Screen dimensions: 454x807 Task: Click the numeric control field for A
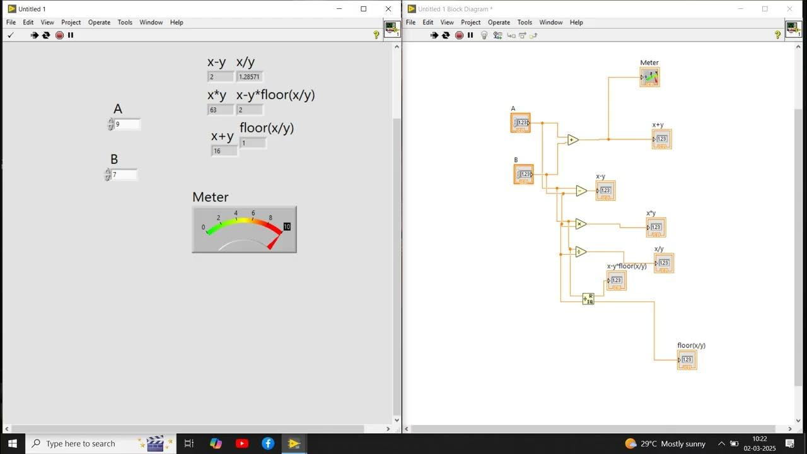coord(127,124)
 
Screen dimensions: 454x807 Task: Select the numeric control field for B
coord(124,175)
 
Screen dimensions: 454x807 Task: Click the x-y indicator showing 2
coord(220,77)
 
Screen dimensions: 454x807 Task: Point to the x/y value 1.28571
coord(249,77)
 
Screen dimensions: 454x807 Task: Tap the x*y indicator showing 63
coord(220,110)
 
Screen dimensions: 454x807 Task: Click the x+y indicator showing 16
coord(224,151)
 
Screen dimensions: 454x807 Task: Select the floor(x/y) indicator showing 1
coord(252,143)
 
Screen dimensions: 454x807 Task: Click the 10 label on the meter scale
coord(287,226)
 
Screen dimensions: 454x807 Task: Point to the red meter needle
coord(274,242)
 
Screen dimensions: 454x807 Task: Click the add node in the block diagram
coord(572,140)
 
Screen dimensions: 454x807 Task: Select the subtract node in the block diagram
coord(581,190)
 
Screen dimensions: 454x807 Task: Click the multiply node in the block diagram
coord(581,224)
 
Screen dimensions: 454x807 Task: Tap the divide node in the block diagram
coord(581,252)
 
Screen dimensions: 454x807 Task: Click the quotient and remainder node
coord(588,299)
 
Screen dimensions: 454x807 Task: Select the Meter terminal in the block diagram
coord(649,77)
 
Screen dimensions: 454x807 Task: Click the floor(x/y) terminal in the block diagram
coord(687,360)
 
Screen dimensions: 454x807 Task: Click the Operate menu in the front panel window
coord(99,22)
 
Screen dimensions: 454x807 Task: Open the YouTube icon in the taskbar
coord(242,443)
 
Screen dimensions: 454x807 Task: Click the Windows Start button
coord(13,443)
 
